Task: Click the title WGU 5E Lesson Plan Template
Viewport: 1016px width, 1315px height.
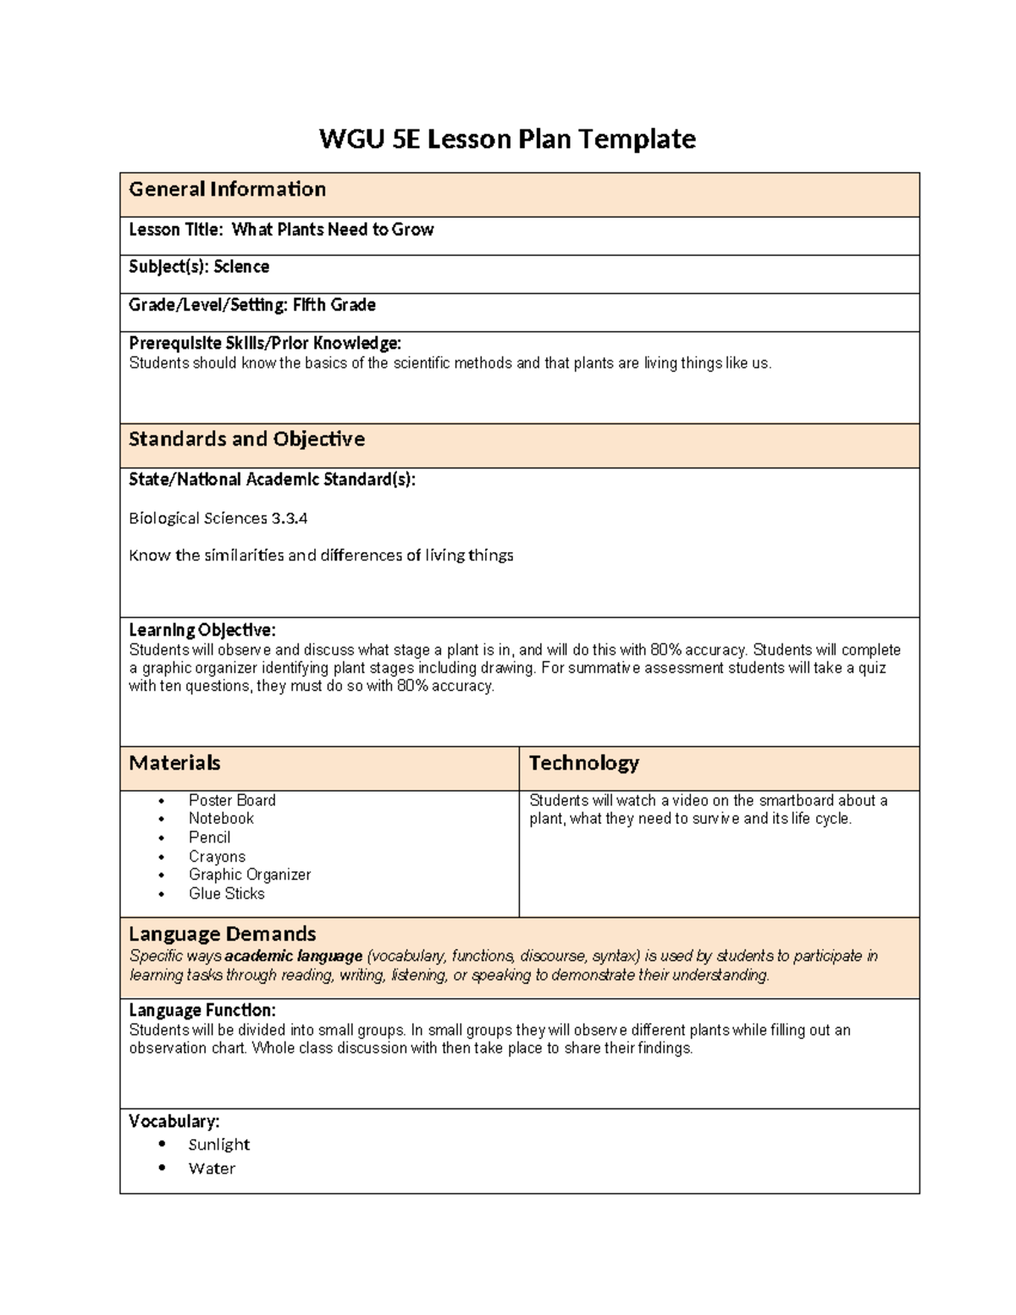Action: (x=507, y=139)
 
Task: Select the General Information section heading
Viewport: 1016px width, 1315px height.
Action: (x=227, y=190)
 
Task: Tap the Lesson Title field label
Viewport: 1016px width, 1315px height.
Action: (x=178, y=229)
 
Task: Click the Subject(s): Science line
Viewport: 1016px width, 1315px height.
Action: (x=199, y=267)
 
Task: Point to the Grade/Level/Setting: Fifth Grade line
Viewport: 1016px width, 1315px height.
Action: (x=251, y=305)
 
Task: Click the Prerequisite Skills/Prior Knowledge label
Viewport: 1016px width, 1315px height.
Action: (x=264, y=343)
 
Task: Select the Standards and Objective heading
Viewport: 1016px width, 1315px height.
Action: (x=246, y=439)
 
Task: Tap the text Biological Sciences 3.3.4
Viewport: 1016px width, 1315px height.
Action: (x=212, y=518)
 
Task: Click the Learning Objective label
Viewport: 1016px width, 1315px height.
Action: (x=202, y=630)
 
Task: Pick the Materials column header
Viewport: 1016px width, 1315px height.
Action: (x=174, y=763)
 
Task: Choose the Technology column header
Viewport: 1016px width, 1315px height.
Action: (x=583, y=763)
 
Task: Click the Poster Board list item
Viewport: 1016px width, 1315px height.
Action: (x=232, y=800)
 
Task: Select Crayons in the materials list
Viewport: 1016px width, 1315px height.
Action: (x=217, y=856)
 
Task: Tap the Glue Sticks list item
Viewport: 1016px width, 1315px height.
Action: (x=226, y=893)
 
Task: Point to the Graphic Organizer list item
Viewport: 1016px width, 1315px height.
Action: (x=249, y=875)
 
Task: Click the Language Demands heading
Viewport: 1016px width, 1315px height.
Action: (x=222, y=934)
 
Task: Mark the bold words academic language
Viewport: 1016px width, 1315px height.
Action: (x=294, y=956)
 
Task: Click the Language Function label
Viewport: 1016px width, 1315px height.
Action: (x=202, y=1010)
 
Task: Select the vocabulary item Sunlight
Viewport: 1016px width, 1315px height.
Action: (x=218, y=1145)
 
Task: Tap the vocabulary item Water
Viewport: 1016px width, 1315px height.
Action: (x=212, y=1169)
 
